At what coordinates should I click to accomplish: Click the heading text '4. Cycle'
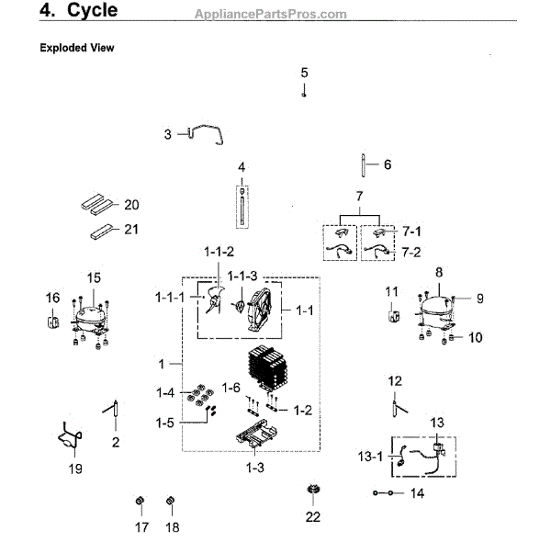[77, 12]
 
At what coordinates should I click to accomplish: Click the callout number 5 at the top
[304, 72]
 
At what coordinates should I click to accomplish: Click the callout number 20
[130, 204]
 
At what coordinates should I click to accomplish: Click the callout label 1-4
[165, 393]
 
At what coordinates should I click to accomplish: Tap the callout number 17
[141, 527]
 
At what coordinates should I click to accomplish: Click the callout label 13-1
[369, 456]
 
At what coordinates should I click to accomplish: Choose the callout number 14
[417, 493]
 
